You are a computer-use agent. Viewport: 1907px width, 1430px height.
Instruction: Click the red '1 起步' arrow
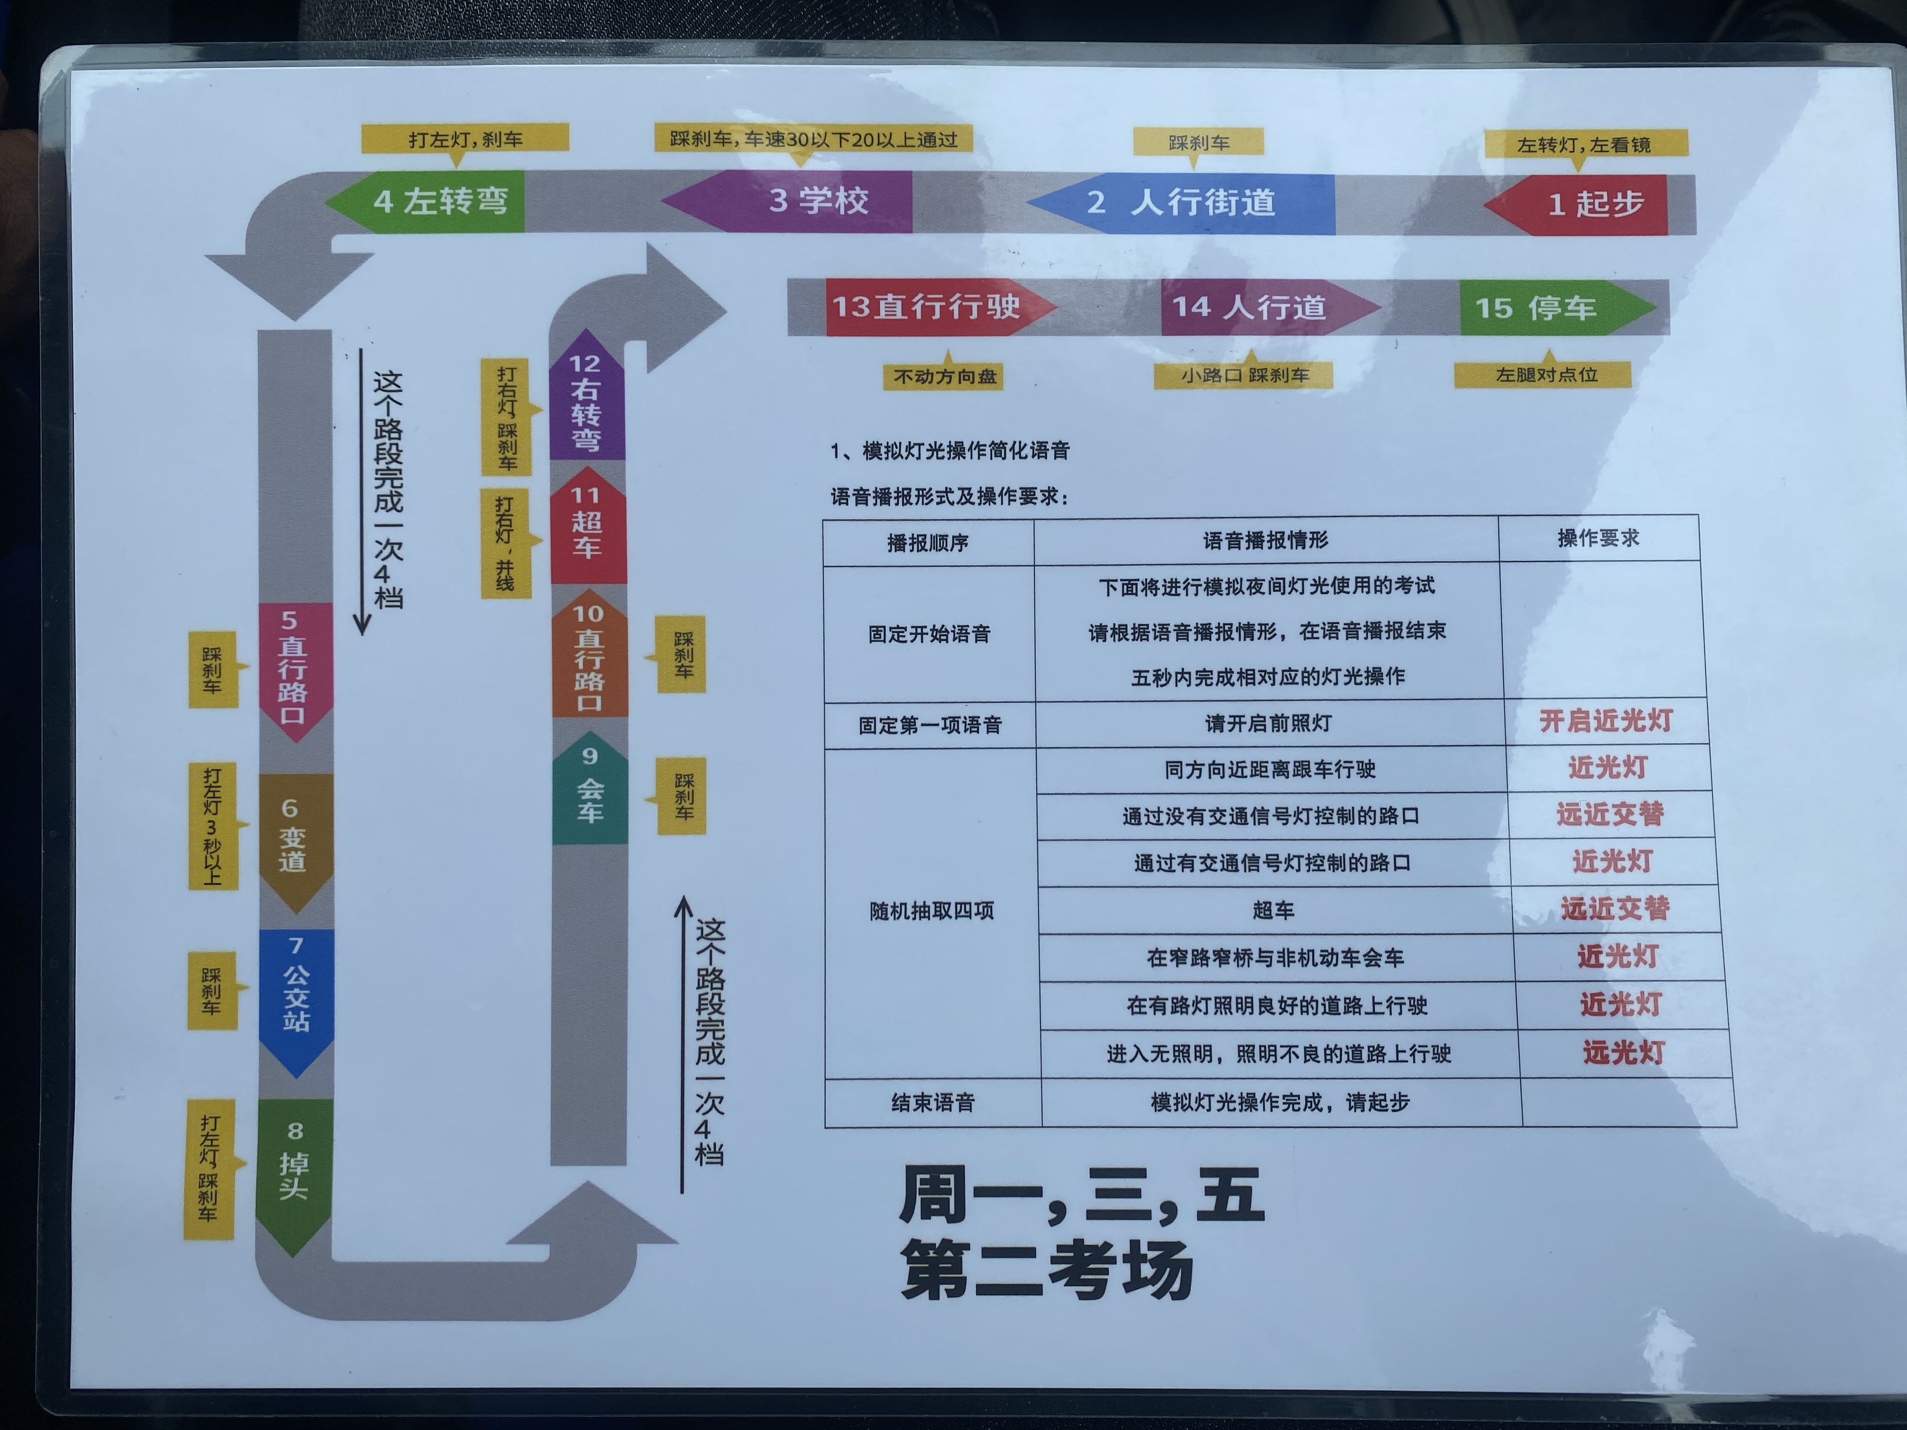tap(1586, 204)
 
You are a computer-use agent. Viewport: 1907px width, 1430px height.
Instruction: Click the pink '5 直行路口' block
tap(294, 668)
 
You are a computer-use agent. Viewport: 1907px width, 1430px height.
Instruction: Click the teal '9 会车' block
tap(590, 789)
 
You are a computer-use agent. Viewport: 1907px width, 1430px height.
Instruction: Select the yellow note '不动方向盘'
tap(944, 377)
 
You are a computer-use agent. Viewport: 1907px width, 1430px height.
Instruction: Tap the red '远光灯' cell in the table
tap(1622, 1053)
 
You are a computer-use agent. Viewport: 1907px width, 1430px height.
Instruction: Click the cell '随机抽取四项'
tap(931, 911)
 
